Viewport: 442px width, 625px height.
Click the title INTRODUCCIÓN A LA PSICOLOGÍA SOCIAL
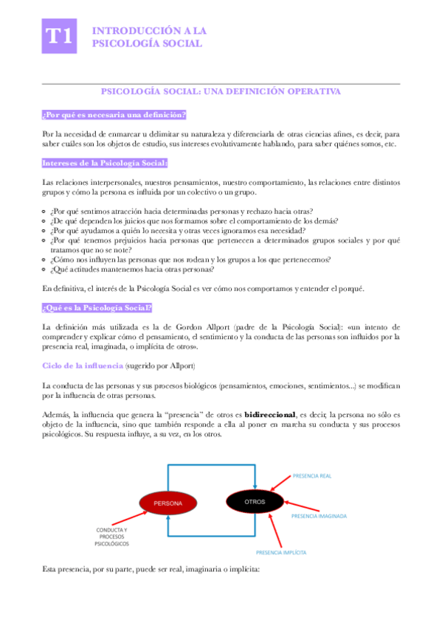(x=148, y=37)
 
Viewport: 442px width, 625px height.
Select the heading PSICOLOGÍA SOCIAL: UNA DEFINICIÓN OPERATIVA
(x=221, y=91)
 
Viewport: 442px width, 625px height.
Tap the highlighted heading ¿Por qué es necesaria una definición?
(x=114, y=114)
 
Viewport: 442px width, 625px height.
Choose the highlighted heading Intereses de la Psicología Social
(x=105, y=162)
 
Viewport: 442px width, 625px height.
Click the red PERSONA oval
(x=168, y=503)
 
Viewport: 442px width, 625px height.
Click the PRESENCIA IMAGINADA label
(x=318, y=516)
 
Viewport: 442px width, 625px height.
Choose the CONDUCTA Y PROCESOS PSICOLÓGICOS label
(x=111, y=537)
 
